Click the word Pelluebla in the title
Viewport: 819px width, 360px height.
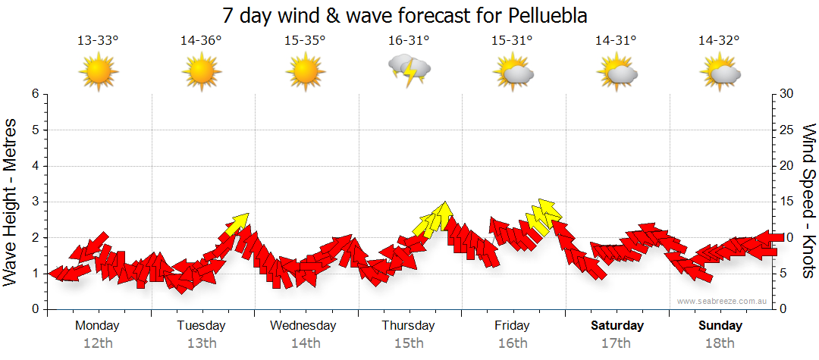tap(544, 16)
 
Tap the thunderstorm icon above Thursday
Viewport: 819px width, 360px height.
tap(409, 70)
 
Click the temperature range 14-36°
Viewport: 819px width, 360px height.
tap(201, 40)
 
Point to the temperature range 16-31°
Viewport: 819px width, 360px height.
tap(409, 40)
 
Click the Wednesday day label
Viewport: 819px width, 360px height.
tap(304, 325)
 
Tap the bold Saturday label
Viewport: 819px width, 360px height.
tap(617, 325)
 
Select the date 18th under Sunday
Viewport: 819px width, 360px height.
tap(720, 343)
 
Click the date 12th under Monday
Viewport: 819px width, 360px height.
tap(98, 343)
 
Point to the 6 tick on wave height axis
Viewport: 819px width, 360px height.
tap(35, 94)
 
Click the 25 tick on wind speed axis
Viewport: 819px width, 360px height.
tap(787, 130)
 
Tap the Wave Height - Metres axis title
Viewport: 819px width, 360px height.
tap(12, 201)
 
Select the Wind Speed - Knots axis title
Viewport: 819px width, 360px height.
tap(808, 201)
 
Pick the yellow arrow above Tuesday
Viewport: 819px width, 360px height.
tap(238, 223)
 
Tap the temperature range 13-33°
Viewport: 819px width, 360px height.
tap(98, 40)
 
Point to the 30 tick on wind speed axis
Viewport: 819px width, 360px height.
tap(787, 94)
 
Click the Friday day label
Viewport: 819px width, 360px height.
tap(512, 325)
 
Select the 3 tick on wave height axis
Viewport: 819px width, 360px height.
tap(35, 202)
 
